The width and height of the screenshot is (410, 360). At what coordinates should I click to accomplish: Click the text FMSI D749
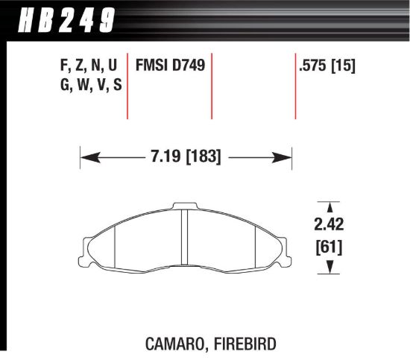coord(169,66)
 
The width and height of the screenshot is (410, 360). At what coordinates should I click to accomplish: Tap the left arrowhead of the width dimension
coord(85,158)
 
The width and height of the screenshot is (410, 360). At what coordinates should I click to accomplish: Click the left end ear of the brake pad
coord(84,246)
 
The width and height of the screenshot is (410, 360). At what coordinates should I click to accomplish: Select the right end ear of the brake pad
coord(284,246)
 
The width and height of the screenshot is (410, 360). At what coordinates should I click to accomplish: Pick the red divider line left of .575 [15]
coord(295,86)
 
